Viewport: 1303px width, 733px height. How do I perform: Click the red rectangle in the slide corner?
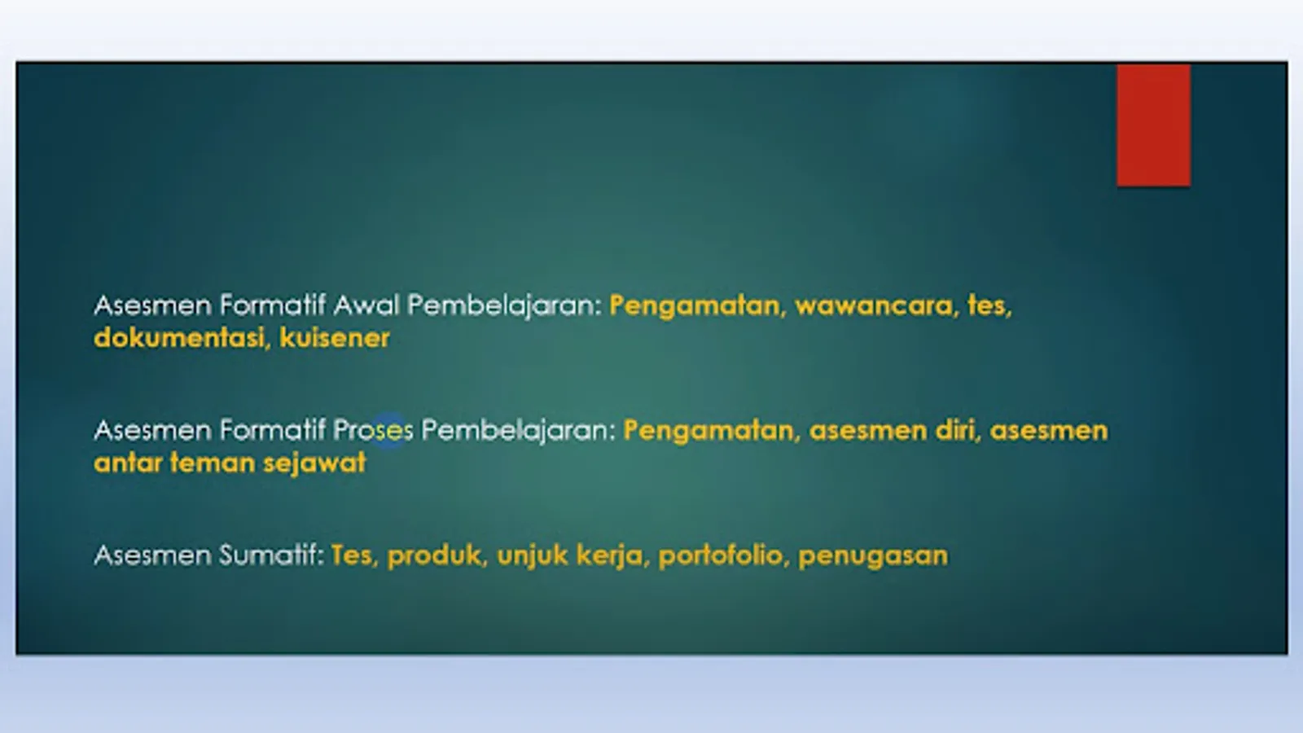pos(1153,125)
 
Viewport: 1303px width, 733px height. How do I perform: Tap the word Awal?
pos(366,305)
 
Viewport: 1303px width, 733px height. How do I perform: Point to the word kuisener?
pos(335,338)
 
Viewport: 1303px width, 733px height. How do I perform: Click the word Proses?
pos(373,431)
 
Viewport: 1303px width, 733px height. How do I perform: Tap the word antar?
pos(127,463)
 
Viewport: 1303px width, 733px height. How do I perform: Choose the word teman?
pos(213,463)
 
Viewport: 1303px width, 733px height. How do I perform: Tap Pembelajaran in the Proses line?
pos(518,431)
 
